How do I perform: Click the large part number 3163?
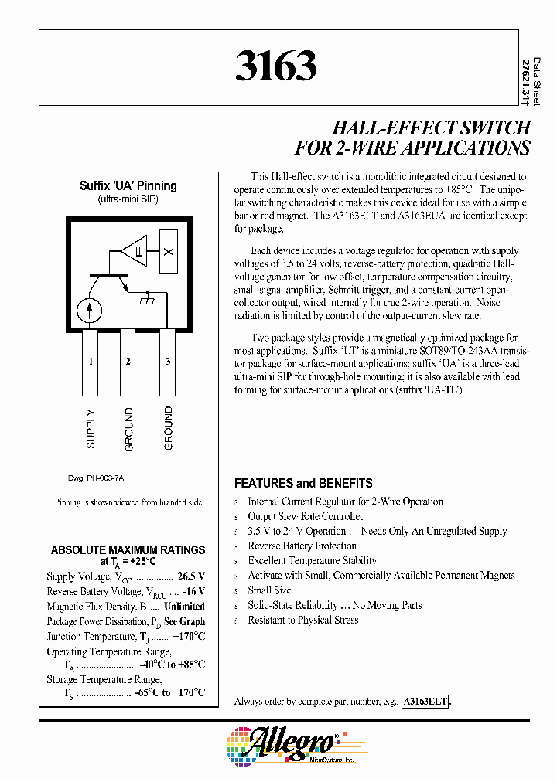tap(276, 67)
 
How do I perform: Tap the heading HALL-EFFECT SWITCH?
tap(431, 127)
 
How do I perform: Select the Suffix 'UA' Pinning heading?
tap(128, 186)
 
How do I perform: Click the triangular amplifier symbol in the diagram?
tap(133, 252)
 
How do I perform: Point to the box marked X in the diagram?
tap(170, 253)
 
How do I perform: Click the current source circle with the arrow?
tap(90, 309)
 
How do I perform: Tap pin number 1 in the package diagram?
tap(91, 362)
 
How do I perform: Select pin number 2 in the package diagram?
tap(128, 362)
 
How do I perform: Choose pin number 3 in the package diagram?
tap(168, 362)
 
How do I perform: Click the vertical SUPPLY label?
tap(91, 429)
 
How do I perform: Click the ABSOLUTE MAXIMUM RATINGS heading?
tap(128, 550)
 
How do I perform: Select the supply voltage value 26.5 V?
tap(190, 576)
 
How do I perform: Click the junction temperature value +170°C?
tap(188, 636)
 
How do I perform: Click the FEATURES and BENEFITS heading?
tap(303, 484)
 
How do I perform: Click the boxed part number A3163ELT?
tap(425, 702)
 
